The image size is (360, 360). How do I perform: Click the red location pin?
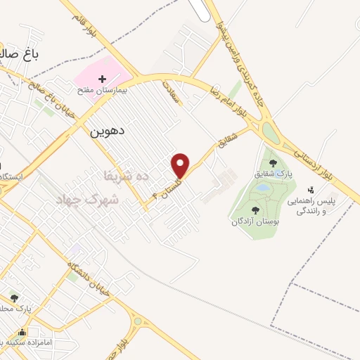tap(181, 165)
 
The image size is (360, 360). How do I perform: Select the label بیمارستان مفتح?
tap(103, 91)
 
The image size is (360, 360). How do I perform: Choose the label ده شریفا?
tap(127, 176)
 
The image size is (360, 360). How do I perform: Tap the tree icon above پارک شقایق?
tap(274, 163)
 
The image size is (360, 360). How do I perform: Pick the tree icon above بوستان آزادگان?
tap(255, 210)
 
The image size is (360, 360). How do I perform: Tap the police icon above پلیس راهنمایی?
tap(310, 189)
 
